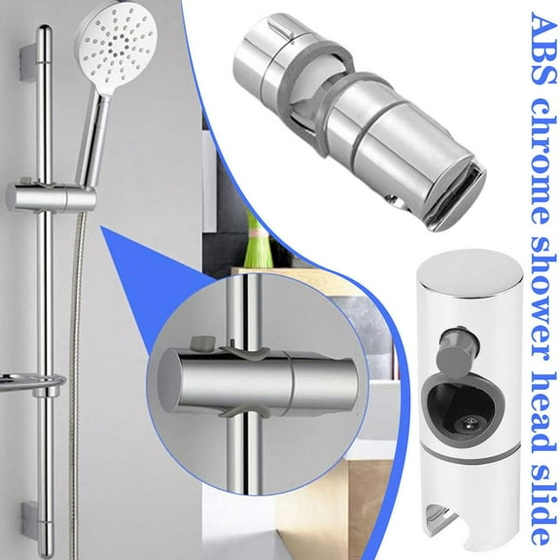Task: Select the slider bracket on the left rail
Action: tap(49, 198)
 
